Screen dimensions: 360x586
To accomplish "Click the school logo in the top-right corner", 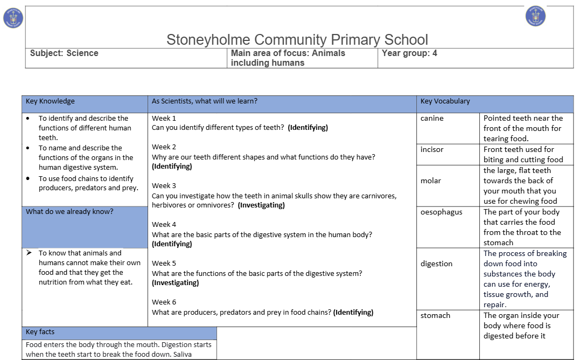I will pos(535,16).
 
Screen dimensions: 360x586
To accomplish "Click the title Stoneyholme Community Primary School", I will pos(297,40).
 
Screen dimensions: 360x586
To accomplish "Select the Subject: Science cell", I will pos(64,53).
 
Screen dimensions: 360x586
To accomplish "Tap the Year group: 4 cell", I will pos(409,53).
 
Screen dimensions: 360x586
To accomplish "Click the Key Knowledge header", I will pos(50,101).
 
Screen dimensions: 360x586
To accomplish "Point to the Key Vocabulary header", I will pos(445,101).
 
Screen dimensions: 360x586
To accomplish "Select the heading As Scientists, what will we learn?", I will pos(205,101).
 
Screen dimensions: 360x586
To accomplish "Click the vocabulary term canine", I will pos(432,119).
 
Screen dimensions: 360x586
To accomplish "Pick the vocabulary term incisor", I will pos(432,150).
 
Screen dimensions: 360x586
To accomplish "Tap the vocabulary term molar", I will pos(431,181).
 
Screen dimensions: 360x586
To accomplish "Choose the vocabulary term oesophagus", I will pos(441,212).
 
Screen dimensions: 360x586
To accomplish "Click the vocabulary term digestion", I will pos(436,264).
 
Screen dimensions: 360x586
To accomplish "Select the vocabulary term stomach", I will pos(435,316).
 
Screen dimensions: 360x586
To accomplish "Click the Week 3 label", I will pos(164,186).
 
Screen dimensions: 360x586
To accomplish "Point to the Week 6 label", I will pos(164,302).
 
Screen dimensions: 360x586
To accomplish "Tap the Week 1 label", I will pos(164,119).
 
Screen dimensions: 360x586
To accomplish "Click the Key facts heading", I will pos(40,332).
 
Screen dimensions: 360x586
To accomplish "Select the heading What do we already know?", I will pos(69,212).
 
